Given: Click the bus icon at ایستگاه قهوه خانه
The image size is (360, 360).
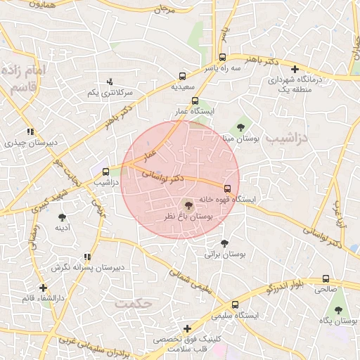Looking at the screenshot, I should pos(226,188).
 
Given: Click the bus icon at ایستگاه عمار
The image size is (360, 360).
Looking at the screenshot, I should pos(195,101).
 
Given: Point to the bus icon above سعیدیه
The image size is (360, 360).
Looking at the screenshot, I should pos(183,75).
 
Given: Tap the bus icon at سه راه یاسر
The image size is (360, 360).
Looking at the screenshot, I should pos(222,58).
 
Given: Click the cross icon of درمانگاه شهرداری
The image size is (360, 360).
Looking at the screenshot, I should pos(295,69).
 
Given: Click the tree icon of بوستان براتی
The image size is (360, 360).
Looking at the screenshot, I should pos(224,243).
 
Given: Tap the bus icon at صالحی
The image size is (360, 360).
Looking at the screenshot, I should pos(325,278).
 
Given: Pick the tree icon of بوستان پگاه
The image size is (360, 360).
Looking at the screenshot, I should pos(338,309).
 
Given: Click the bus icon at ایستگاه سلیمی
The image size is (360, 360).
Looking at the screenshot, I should pos(235,304).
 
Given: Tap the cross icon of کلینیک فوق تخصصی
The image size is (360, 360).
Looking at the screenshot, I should pos(187,328).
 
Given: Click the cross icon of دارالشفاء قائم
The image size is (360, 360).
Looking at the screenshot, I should pos(44,288).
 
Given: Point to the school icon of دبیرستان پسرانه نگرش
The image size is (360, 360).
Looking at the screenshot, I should pos(87,257).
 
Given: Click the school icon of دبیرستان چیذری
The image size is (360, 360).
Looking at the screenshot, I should pos(30,131).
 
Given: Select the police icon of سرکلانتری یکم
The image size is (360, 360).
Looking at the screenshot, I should pos(109,82).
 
